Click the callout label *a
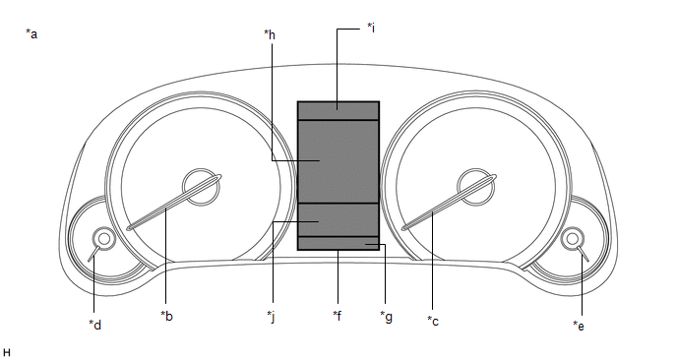tap(31, 33)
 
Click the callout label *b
tap(166, 316)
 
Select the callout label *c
tap(433, 322)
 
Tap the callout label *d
tap(95, 325)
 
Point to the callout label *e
tap(579, 326)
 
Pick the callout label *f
tap(338, 316)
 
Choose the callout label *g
tap(386, 317)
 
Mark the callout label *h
tap(270, 34)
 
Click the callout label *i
tap(370, 28)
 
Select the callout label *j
tap(271, 317)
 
